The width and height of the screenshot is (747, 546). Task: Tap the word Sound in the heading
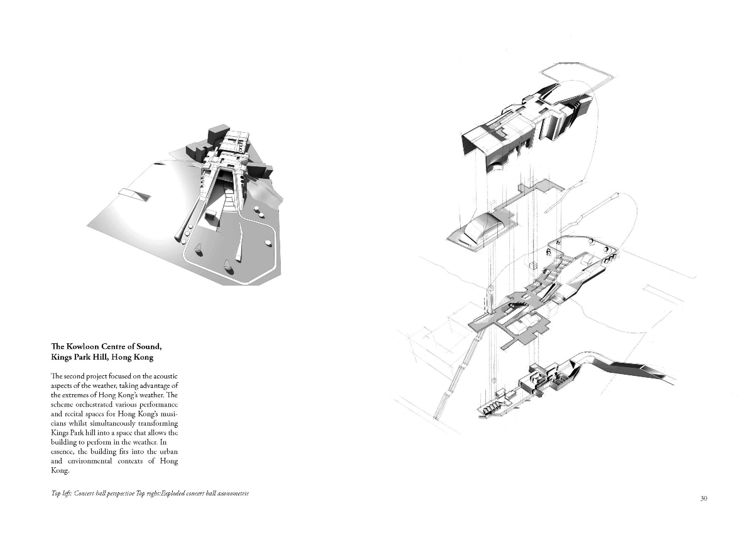pyautogui.click(x=147, y=347)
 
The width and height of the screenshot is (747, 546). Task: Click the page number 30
pyautogui.click(x=704, y=508)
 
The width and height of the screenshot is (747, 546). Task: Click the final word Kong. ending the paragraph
pyautogui.click(x=60, y=471)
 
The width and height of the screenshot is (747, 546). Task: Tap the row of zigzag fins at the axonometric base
pyautogui.click(x=492, y=410)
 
